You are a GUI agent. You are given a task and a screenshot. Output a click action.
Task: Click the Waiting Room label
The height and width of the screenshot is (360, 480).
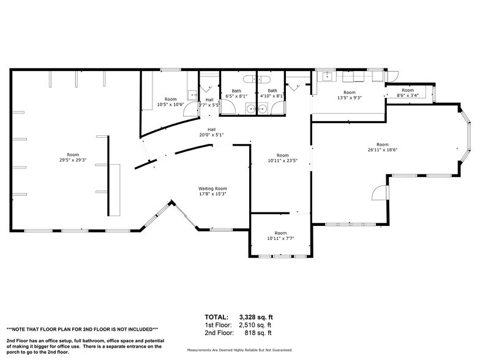(x=212, y=191)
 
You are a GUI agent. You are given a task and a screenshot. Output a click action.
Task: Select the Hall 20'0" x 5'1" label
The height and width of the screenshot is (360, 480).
(x=211, y=132)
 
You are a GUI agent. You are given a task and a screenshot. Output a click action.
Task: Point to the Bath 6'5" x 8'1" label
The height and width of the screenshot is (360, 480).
(x=236, y=94)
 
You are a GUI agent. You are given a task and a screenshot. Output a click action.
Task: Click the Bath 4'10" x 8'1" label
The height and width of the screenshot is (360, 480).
(x=271, y=94)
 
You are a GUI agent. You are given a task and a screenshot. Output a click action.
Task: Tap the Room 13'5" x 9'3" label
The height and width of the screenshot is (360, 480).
(x=350, y=95)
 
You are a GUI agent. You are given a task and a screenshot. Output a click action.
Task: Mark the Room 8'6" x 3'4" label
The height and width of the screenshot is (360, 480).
(x=408, y=92)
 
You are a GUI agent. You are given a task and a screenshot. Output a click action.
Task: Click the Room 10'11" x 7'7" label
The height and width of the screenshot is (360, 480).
(x=280, y=236)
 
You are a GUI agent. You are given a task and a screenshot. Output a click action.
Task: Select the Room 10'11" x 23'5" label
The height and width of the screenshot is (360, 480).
(x=282, y=158)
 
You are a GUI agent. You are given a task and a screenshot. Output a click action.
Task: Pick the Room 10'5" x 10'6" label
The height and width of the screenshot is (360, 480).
(x=170, y=102)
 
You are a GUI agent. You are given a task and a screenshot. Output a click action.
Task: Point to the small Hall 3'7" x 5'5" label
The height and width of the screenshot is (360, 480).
(x=209, y=102)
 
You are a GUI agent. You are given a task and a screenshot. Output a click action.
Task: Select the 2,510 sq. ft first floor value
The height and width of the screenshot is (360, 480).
(x=258, y=325)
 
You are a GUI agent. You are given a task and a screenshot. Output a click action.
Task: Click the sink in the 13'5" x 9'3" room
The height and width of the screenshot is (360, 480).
(x=327, y=77)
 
